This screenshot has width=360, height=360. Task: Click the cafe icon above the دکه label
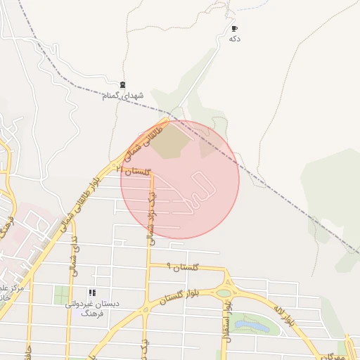point(234,29)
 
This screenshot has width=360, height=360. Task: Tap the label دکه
point(235,39)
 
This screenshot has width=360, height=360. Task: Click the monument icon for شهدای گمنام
point(123,85)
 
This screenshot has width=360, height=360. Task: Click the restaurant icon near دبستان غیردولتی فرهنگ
point(91,292)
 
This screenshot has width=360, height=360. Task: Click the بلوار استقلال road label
point(228,316)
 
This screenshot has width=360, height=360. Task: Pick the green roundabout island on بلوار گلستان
point(224,293)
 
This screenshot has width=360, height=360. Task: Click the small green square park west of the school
point(62,295)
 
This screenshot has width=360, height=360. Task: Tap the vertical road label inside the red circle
point(150,214)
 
